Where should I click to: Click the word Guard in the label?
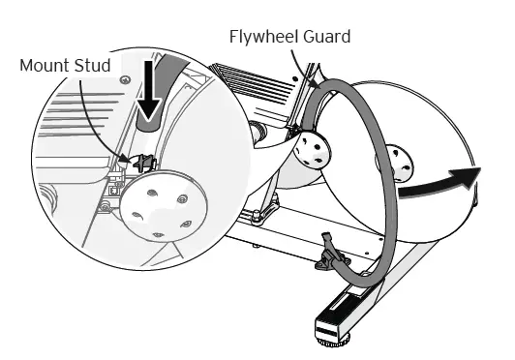(x=325, y=38)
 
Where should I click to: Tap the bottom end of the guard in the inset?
(x=148, y=126)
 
